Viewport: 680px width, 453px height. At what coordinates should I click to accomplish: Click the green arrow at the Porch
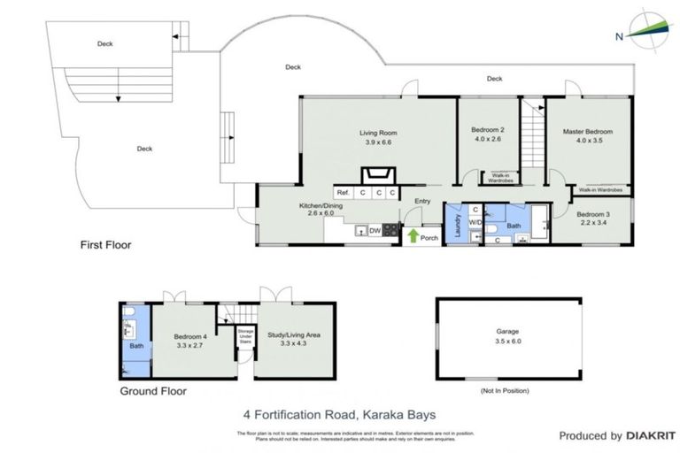pyautogui.click(x=413, y=234)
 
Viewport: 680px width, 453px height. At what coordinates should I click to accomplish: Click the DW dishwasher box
pyautogui.click(x=376, y=230)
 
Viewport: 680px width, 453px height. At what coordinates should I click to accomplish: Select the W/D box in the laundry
pyautogui.click(x=475, y=222)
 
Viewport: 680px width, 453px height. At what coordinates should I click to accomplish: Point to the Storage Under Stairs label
pyautogui.click(x=244, y=341)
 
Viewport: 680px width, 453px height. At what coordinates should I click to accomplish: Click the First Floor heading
pyautogui.click(x=104, y=244)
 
